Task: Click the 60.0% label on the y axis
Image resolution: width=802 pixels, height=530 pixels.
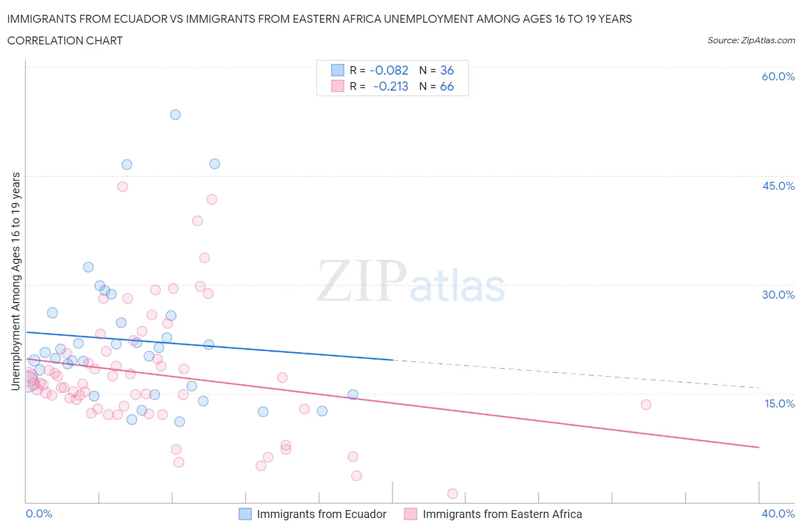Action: (x=778, y=76)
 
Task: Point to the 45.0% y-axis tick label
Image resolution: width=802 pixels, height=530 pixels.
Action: (x=778, y=186)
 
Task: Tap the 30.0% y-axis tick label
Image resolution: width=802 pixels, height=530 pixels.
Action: (x=778, y=295)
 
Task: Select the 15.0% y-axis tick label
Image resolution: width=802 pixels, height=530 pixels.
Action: (x=778, y=403)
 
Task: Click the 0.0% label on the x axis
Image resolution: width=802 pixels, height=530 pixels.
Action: (x=39, y=513)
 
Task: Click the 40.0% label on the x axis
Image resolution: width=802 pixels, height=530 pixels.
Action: (x=778, y=513)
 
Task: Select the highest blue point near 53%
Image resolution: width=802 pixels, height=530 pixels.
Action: (x=175, y=115)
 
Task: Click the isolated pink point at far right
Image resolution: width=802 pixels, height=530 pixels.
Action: (x=646, y=405)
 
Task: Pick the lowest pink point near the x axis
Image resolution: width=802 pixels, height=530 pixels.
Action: (x=453, y=494)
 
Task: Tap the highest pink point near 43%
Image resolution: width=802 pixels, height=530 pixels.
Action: (x=122, y=186)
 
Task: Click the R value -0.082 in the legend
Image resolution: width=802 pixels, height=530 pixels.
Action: (x=389, y=70)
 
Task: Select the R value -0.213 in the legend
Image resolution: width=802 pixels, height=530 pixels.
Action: (x=391, y=86)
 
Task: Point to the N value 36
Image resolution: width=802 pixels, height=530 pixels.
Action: (x=447, y=70)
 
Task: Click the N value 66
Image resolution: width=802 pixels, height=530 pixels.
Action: (x=447, y=86)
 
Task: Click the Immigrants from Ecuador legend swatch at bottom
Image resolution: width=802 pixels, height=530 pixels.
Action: (x=245, y=514)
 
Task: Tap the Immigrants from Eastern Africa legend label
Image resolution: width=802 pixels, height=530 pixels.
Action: (x=502, y=514)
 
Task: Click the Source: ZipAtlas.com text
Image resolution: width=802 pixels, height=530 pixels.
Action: (x=751, y=40)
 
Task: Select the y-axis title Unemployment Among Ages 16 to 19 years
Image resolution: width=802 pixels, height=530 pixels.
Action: (x=15, y=282)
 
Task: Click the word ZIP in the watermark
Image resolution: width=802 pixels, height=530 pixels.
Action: (x=361, y=281)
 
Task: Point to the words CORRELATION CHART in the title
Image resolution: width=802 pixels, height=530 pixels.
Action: (x=65, y=40)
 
